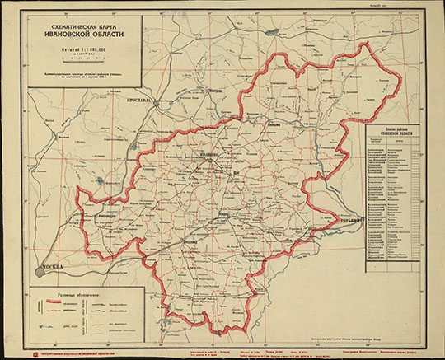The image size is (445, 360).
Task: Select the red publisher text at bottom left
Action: point(82,353)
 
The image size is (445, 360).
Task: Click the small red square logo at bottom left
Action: point(34,353)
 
